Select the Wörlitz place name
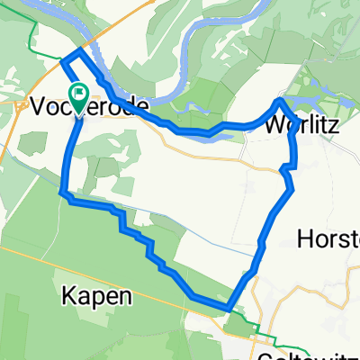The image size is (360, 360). [302, 127]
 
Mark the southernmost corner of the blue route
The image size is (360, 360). [230, 308]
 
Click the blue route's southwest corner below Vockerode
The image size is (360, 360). [63, 192]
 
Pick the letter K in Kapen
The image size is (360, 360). [68, 295]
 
